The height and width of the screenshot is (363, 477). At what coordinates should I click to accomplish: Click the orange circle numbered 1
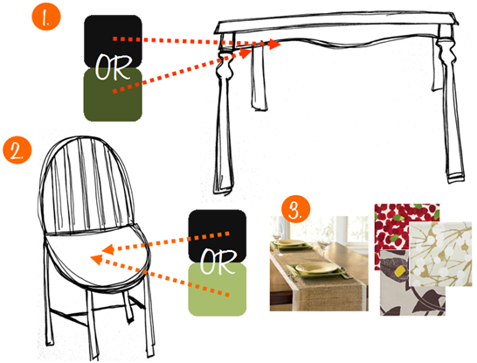(x=46, y=16)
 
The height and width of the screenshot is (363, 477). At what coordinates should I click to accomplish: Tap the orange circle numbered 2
(x=17, y=150)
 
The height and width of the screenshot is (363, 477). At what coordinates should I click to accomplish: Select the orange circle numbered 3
(x=295, y=210)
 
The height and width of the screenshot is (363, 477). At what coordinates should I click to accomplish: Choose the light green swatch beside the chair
(x=218, y=290)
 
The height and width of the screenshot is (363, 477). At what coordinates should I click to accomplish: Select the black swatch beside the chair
(x=218, y=235)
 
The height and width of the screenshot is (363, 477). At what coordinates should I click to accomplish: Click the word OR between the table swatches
(x=113, y=67)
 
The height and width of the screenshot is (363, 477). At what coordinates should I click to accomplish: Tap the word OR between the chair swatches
(x=218, y=262)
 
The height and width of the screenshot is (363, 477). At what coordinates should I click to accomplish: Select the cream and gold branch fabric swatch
(x=440, y=254)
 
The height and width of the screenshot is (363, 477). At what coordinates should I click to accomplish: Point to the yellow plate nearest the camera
(x=316, y=268)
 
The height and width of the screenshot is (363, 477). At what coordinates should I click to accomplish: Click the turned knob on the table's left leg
(x=224, y=65)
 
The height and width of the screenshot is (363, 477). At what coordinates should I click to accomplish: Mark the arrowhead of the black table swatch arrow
(x=275, y=44)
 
